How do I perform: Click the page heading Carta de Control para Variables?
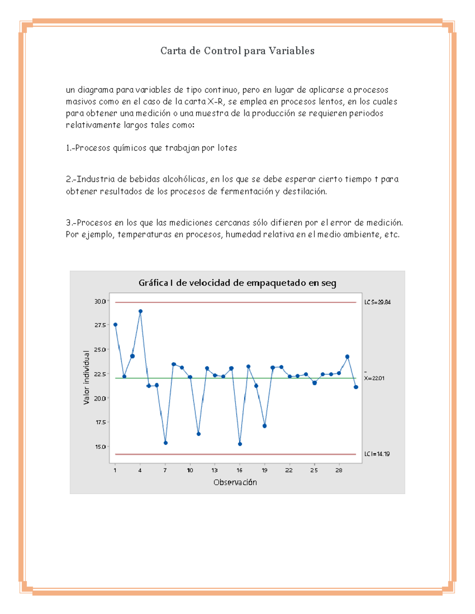pos(237,51)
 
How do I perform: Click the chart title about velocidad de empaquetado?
pos(237,283)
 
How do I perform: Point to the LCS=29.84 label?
pos(377,302)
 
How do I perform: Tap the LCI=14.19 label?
pos(377,454)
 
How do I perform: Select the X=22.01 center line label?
pos(374,378)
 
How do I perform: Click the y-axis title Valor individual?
pos(86,378)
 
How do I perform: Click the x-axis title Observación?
pos(235,482)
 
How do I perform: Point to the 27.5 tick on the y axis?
pos(100,325)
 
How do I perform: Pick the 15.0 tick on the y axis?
pos(100,447)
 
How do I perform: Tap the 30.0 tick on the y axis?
pos(100,301)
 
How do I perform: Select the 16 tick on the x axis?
pos(239,470)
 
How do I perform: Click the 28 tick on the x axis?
pos(339,470)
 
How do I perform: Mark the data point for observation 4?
pos(141,312)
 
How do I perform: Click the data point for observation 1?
pos(115,325)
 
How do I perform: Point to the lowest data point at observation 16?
pos(240,444)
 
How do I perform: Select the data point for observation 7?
pos(165,443)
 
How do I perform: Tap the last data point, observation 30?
pos(356,387)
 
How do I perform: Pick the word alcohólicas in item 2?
pos(185,179)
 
